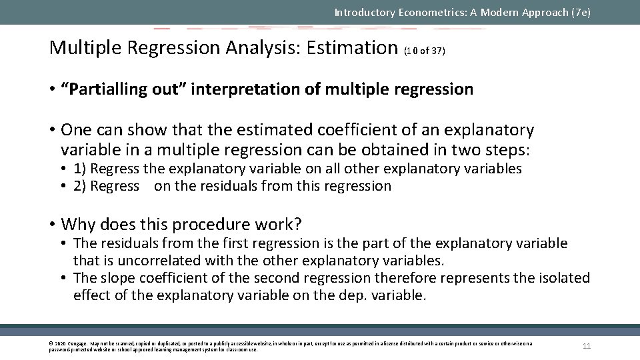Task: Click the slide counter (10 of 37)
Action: [x=425, y=50]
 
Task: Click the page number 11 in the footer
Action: [x=587, y=345]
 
